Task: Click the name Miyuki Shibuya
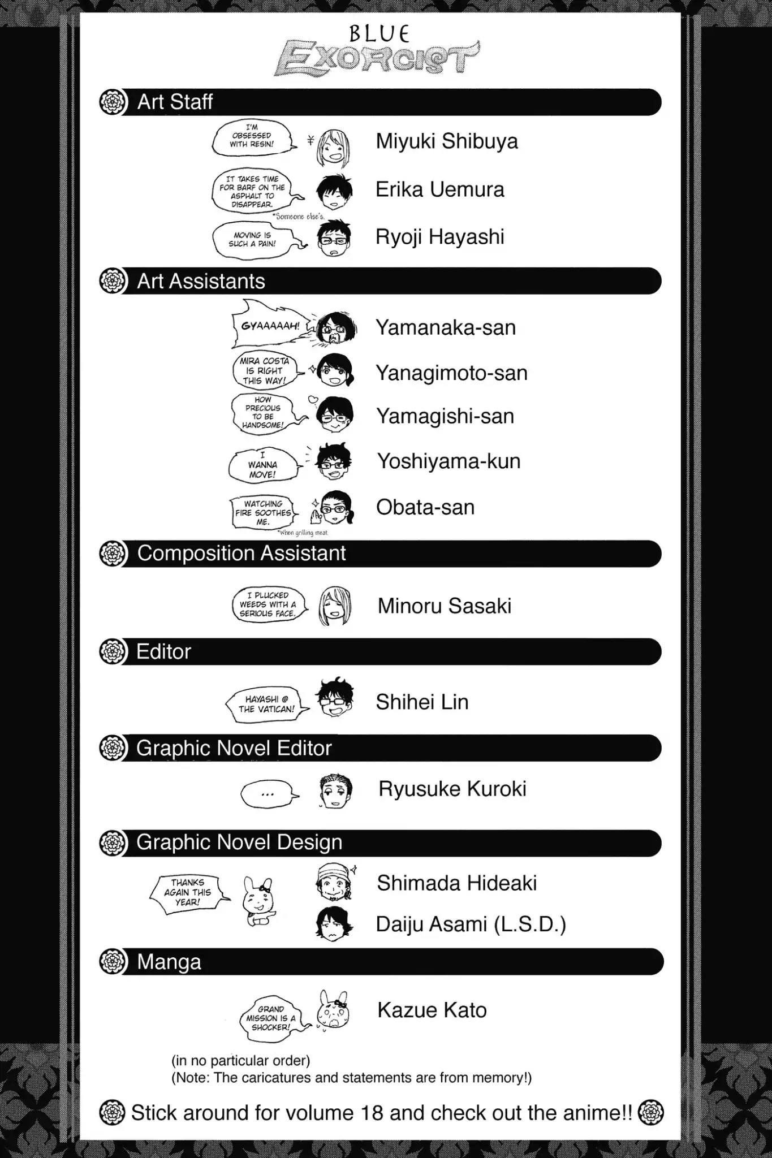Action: [447, 141]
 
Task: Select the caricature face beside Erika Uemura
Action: [334, 191]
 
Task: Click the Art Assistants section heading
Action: [201, 281]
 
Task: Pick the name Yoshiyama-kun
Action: [448, 461]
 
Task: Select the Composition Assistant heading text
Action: [241, 553]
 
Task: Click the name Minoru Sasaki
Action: [445, 606]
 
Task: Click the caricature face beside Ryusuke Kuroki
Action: [335, 789]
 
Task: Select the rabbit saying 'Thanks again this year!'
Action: [257, 901]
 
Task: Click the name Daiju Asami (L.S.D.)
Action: [471, 924]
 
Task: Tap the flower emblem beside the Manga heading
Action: [112, 961]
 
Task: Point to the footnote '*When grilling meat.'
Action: [303, 532]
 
